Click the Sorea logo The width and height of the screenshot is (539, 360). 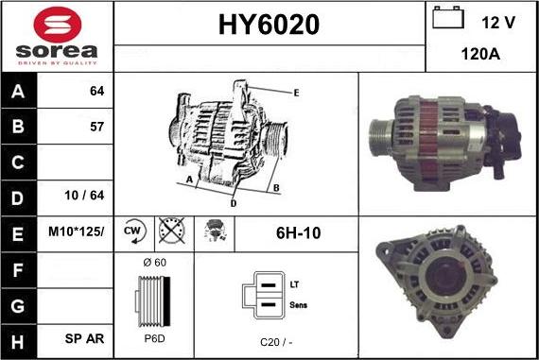(x=56, y=35)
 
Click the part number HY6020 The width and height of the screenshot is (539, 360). (x=269, y=25)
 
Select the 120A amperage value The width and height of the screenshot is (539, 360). (x=480, y=55)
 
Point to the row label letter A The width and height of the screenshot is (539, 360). (x=18, y=93)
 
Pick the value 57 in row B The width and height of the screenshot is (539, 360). (x=96, y=126)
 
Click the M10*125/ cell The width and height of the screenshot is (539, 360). (x=77, y=231)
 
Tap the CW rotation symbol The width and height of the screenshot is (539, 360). (x=132, y=231)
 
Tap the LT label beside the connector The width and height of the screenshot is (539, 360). (x=293, y=283)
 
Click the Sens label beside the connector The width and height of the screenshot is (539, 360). (x=296, y=304)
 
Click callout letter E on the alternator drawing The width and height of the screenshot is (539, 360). (x=296, y=93)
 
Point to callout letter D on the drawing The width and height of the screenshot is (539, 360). (x=234, y=202)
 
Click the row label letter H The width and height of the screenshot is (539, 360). (x=18, y=337)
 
